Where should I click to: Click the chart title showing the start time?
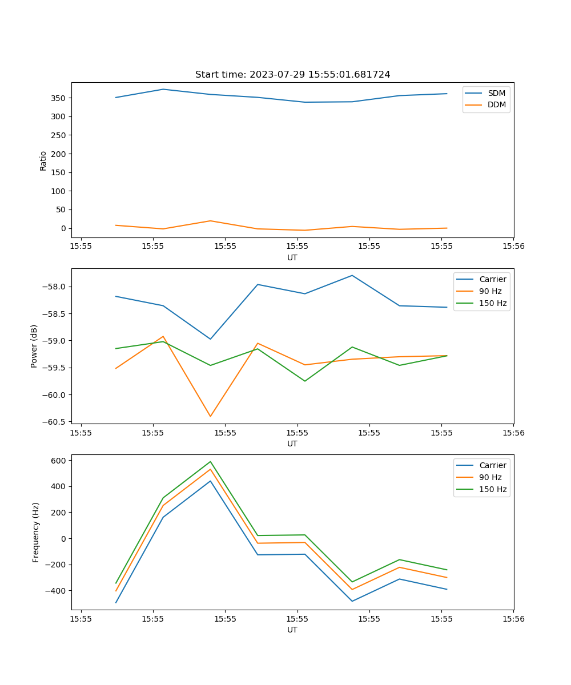[292, 75]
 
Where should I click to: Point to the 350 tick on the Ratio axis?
[59, 98]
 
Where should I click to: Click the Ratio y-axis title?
[43, 160]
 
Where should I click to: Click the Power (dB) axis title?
[34, 346]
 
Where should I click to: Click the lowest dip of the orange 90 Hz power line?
[210, 416]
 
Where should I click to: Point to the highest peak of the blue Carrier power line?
[352, 275]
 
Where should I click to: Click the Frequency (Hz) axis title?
[36, 532]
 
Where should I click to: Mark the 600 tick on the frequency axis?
[59, 460]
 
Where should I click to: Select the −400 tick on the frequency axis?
[58, 591]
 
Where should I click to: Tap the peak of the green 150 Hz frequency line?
[210, 461]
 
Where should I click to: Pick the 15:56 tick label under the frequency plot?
[513, 619]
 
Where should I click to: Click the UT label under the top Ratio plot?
[292, 257]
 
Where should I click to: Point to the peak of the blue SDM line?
[163, 89]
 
